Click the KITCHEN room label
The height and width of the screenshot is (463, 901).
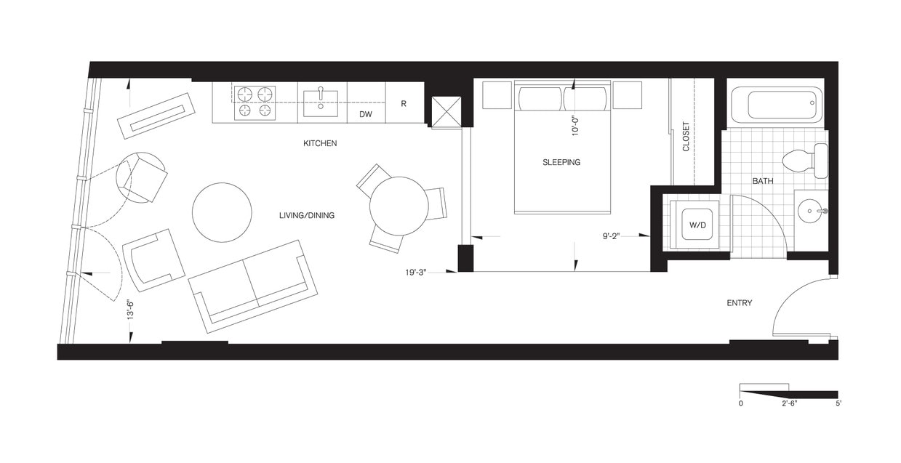pos(320,143)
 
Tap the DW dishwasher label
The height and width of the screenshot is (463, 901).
pos(365,115)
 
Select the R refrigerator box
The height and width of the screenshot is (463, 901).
pos(404,103)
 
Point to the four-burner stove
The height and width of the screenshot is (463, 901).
pos(255,102)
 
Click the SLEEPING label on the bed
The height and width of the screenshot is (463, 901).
pos(561,162)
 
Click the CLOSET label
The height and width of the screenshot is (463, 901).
pos(685,136)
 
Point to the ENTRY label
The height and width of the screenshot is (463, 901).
pos(740,303)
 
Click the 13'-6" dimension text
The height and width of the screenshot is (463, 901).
pos(131,311)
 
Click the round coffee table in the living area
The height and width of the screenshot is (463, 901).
pos(222,212)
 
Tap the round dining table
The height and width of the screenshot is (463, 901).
pos(398,206)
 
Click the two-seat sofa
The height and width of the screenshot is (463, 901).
pos(252,286)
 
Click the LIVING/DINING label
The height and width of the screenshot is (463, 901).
pos(306,216)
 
